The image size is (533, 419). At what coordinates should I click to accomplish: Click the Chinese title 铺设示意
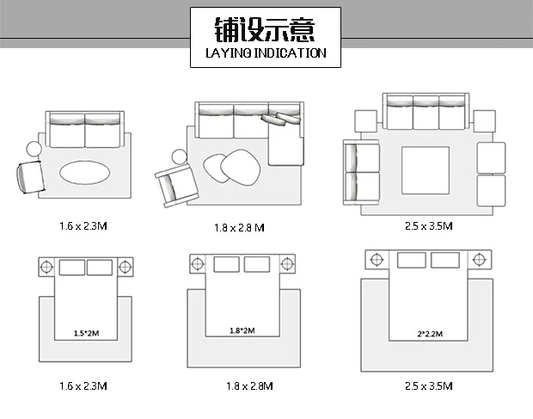tap(265, 29)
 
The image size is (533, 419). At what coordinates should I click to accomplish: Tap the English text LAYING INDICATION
tap(266, 53)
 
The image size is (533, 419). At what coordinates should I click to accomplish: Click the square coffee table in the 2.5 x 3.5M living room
tap(426, 170)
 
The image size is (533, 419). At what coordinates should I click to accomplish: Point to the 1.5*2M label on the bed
tap(86, 333)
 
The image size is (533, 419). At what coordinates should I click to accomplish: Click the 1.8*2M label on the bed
tap(242, 330)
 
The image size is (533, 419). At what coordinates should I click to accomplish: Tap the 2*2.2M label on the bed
tap(430, 334)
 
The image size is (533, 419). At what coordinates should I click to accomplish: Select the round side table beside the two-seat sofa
tap(34, 149)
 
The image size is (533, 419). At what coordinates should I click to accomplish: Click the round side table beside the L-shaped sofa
tap(179, 157)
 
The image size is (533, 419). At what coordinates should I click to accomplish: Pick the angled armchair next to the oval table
tap(31, 177)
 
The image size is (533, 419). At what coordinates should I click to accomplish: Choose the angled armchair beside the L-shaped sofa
tap(176, 186)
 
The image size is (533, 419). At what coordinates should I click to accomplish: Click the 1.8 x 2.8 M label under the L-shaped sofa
tap(239, 227)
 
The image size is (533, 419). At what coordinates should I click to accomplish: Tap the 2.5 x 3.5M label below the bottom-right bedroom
tap(429, 386)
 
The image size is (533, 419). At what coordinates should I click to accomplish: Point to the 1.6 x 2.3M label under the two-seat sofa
tap(83, 225)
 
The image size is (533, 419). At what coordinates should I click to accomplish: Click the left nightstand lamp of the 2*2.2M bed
tap(377, 260)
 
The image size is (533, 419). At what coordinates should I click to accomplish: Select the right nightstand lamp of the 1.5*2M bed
tap(126, 267)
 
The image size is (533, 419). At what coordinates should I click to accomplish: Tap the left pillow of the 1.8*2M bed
tap(226, 264)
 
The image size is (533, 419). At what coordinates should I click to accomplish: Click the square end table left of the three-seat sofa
tap(365, 121)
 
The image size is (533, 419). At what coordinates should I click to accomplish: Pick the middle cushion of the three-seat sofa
tap(426, 113)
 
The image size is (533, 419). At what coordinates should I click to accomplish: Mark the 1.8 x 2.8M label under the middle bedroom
tap(249, 386)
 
